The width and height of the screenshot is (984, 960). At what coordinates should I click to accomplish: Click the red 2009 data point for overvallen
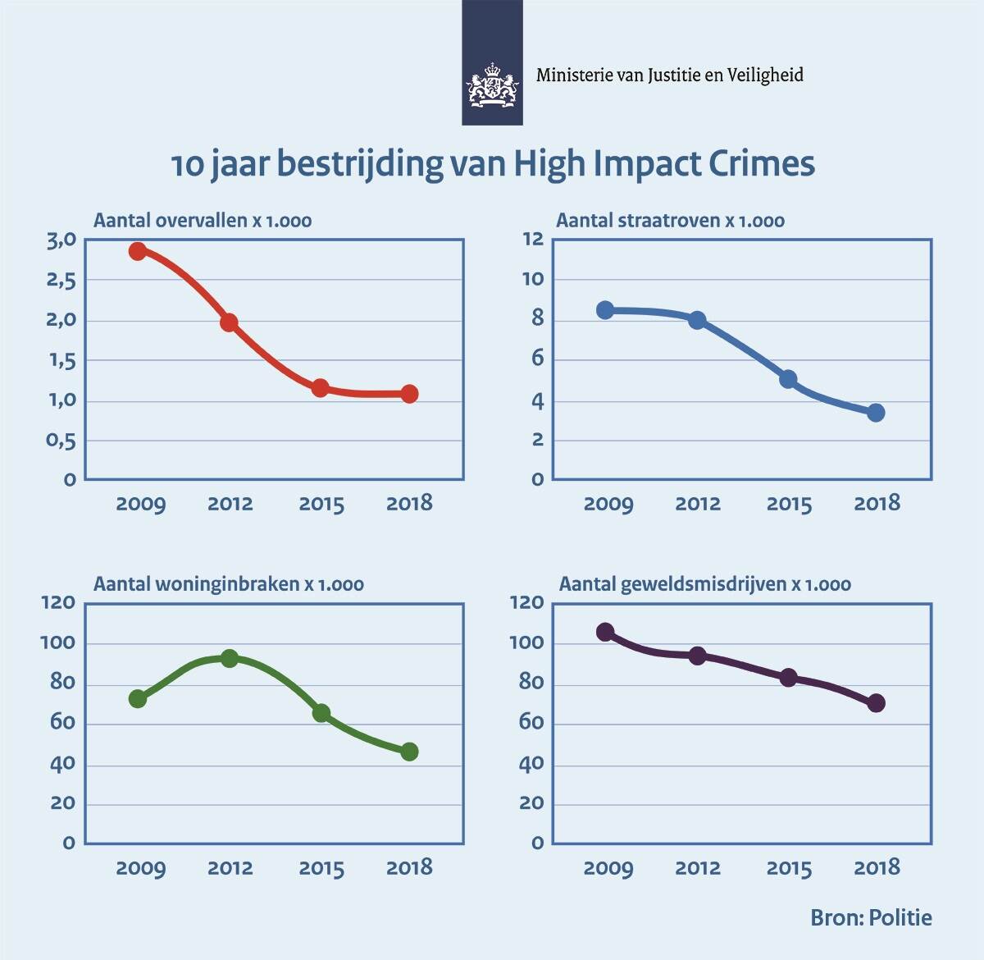(138, 251)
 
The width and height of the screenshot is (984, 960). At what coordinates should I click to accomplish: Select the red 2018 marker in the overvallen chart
(410, 394)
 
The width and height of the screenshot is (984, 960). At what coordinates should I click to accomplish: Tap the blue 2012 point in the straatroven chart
(697, 320)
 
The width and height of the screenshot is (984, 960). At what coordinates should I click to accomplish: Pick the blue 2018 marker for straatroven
(876, 412)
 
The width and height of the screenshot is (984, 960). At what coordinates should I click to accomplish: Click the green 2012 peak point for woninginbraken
(230, 658)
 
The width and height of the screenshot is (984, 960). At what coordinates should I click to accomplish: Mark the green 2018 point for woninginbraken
(410, 752)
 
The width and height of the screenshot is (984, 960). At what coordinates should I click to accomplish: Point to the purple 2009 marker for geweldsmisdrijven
(605, 632)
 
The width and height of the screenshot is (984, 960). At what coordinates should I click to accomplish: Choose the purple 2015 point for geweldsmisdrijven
(788, 678)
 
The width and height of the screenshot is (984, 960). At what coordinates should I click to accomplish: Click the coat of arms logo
(492, 85)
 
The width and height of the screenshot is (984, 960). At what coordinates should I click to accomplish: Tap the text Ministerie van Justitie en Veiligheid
(669, 75)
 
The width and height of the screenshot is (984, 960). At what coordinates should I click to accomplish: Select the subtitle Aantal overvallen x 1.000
(203, 221)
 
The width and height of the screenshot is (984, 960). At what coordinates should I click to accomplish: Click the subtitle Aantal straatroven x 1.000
(670, 221)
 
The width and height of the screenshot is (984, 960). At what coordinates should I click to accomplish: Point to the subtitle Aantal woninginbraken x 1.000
(229, 584)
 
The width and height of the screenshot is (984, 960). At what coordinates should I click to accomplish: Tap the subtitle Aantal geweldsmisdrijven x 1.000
(704, 584)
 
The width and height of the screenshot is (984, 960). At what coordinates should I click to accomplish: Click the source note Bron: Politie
(871, 917)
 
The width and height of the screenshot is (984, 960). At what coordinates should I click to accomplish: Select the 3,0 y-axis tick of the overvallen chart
(61, 240)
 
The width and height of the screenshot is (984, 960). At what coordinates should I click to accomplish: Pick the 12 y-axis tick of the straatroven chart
(533, 240)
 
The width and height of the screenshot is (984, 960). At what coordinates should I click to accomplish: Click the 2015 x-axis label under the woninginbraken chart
(321, 867)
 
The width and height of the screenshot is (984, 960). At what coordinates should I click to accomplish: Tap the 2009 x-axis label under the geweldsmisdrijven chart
(608, 867)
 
